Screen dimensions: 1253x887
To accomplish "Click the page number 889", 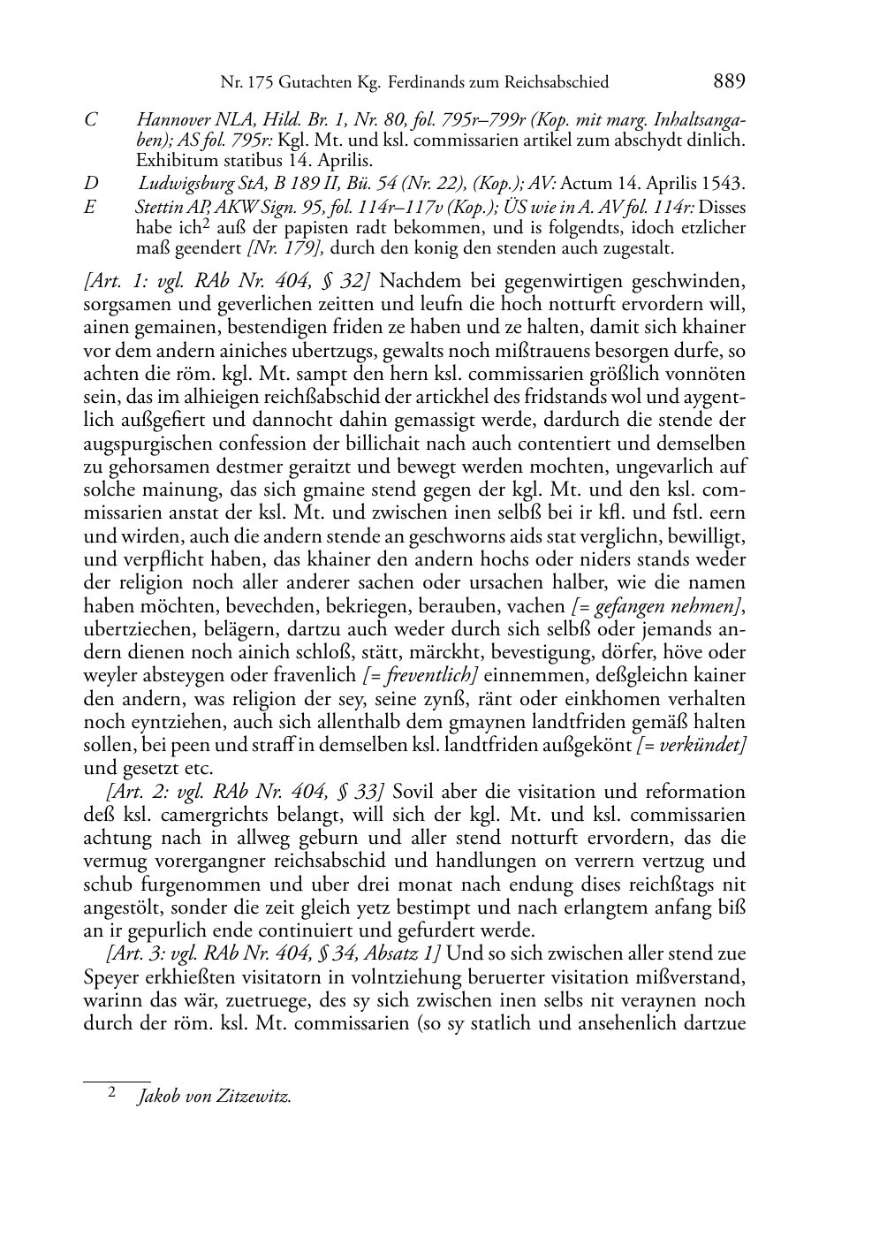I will pyautogui.click(x=729, y=82).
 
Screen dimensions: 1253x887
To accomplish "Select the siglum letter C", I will pyautogui.click(x=90, y=119).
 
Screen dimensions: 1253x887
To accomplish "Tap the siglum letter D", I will pyautogui.click(x=90, y=184).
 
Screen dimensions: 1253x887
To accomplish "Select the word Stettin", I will pyautogui.click(x=155, y=208).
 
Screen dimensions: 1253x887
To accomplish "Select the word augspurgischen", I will pyautogui.click(x=141, y=444).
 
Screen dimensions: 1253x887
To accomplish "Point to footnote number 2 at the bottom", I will pyautogui.click(x=112, y=1091).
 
